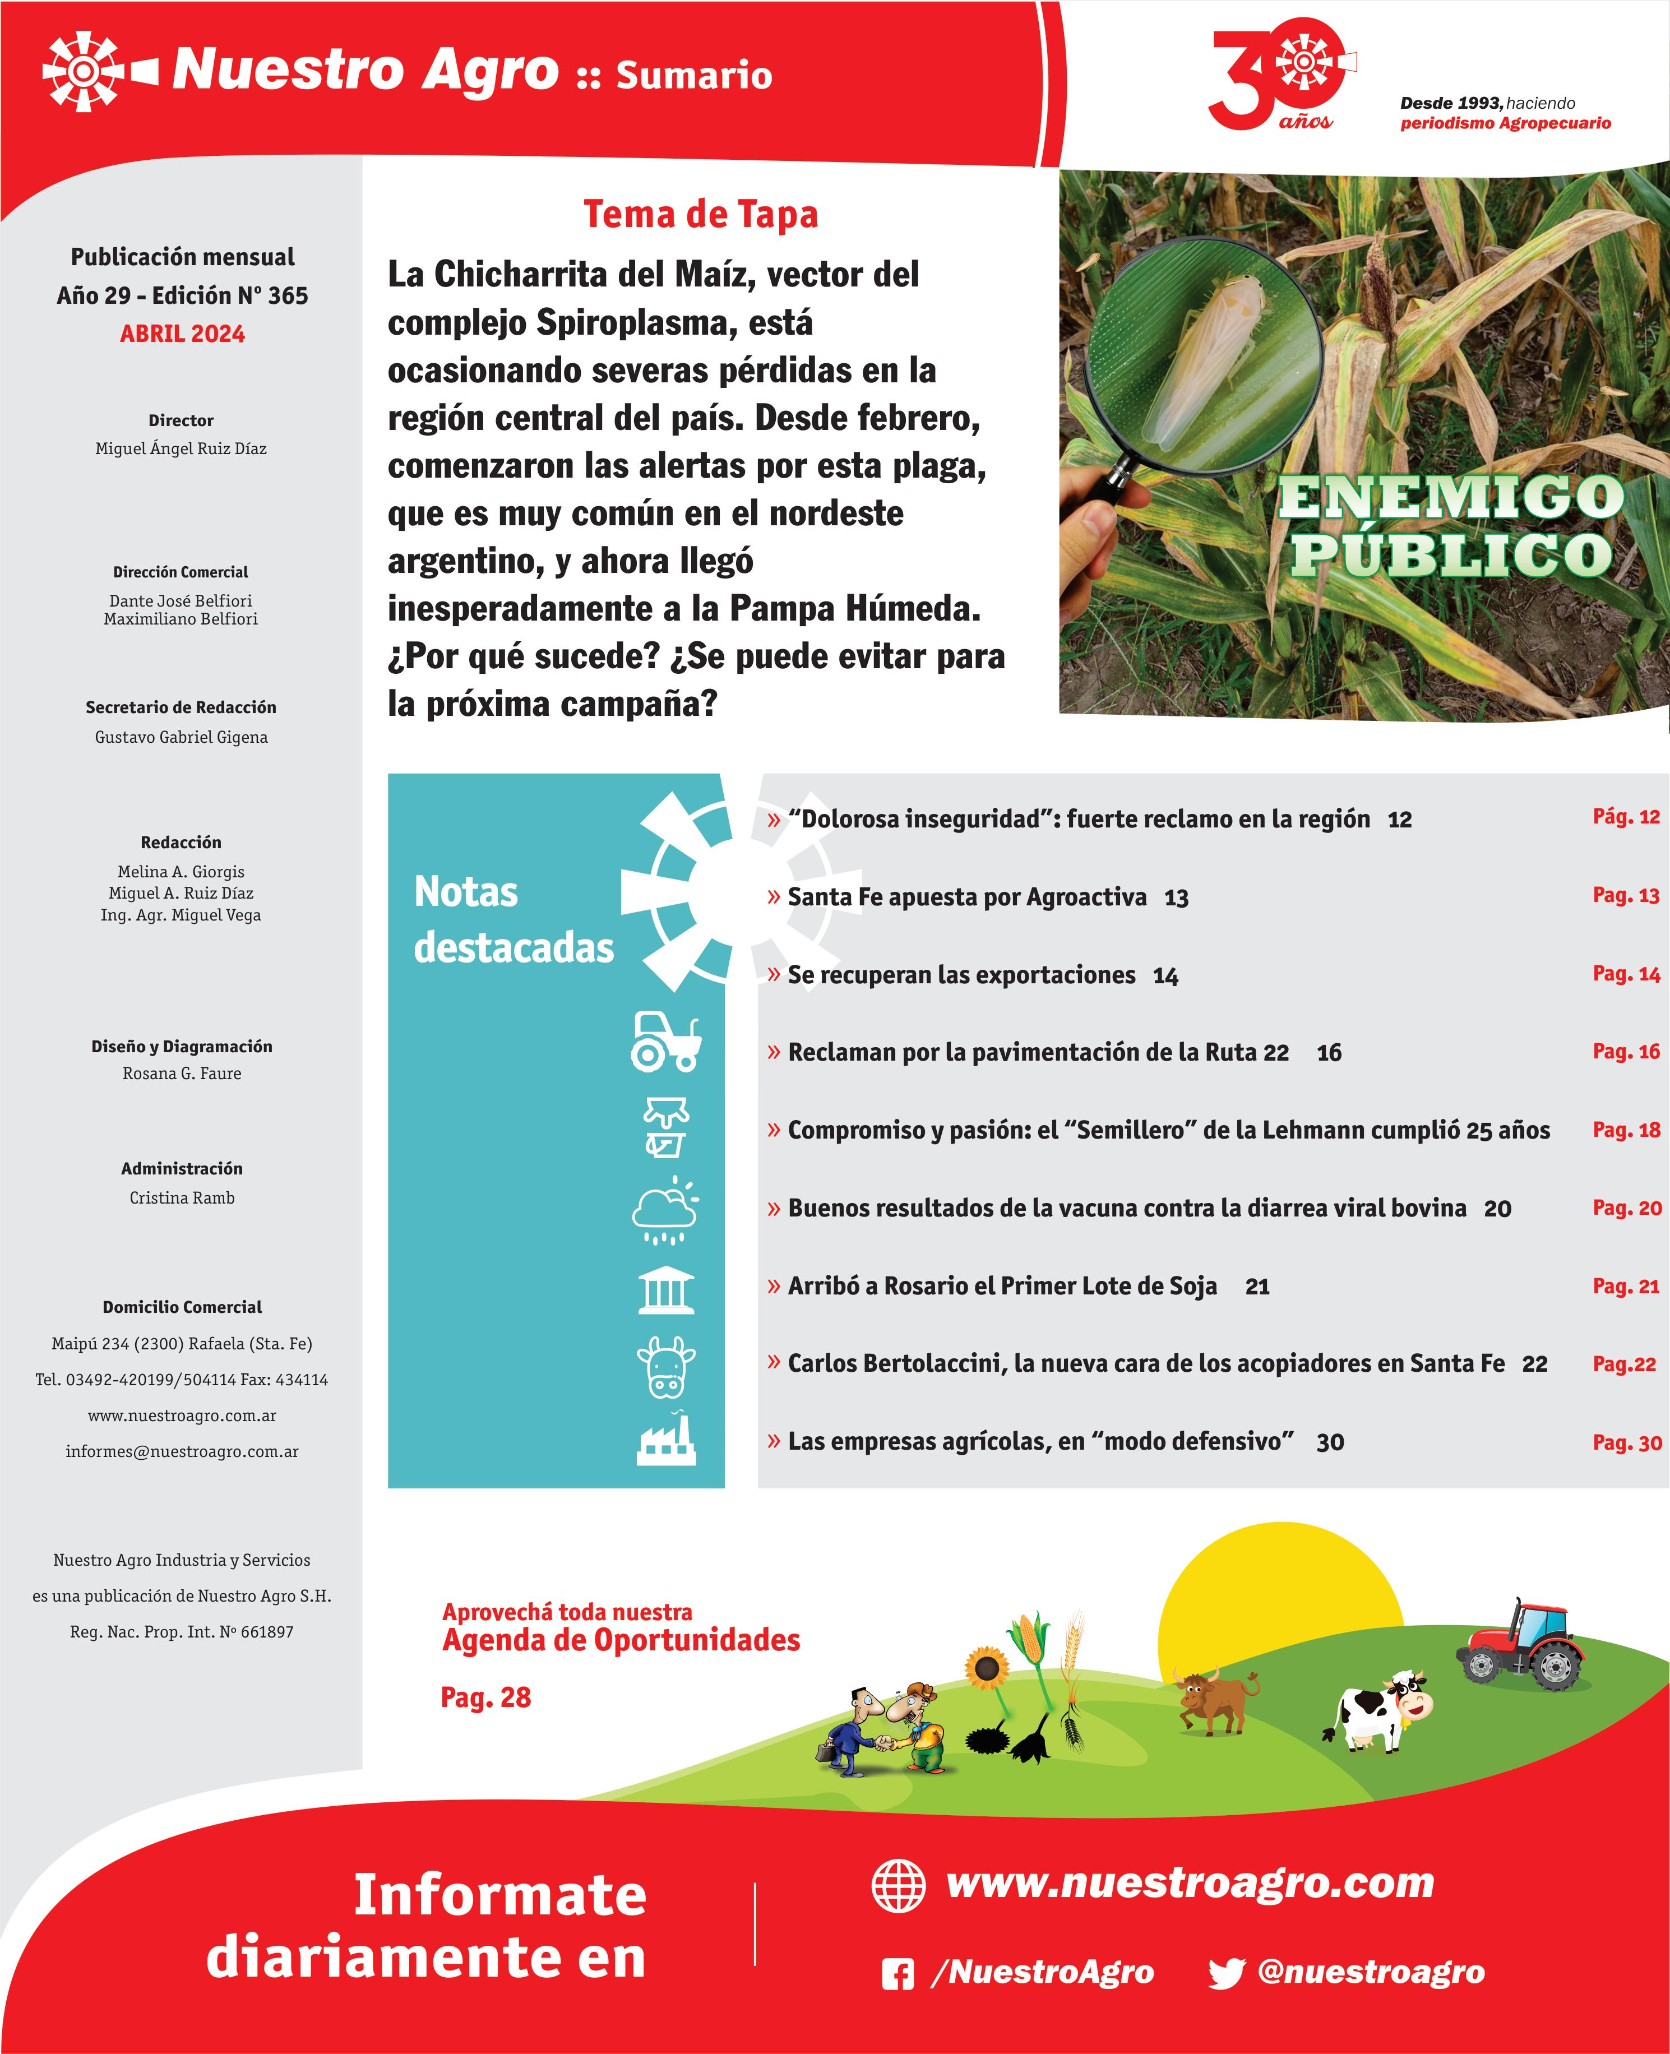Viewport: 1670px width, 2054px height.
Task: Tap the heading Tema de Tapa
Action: (700, 214)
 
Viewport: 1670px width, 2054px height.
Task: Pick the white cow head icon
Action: (665, 1366)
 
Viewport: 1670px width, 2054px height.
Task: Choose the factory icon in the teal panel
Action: (665, 1440)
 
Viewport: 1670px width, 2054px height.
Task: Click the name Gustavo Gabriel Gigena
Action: (181, 737)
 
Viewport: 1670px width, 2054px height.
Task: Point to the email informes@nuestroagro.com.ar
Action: (182, 1451)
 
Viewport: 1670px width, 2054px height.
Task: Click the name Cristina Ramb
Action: (182, 1198)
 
